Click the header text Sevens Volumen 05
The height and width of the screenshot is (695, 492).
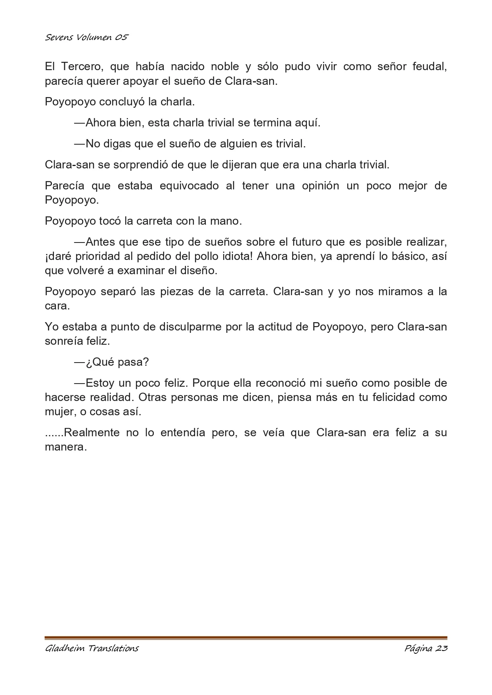[x=87, y=38]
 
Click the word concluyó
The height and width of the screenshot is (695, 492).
[x=123, y=102]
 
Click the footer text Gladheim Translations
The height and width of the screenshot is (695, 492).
[x=92, y=649]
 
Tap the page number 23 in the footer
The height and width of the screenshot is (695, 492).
[x=441, y=649]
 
